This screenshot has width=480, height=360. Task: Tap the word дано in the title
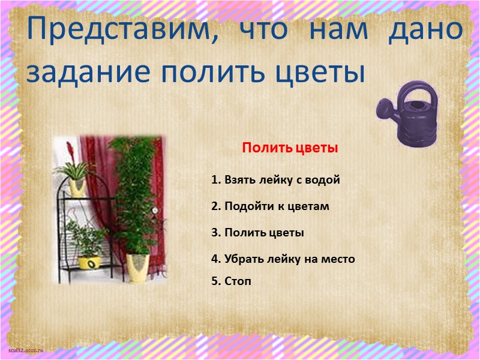(425, 30)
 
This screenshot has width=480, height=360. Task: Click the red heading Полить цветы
(290, 148)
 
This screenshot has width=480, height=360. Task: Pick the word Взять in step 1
(239, 179)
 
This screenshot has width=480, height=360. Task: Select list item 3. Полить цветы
(257, 232)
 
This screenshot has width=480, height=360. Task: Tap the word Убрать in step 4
(243, 259)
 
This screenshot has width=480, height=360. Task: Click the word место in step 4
(337, 259)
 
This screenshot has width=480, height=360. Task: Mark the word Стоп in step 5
(238, 280)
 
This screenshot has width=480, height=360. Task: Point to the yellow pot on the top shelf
(77, 188)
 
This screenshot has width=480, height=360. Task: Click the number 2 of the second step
(214, 206)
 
